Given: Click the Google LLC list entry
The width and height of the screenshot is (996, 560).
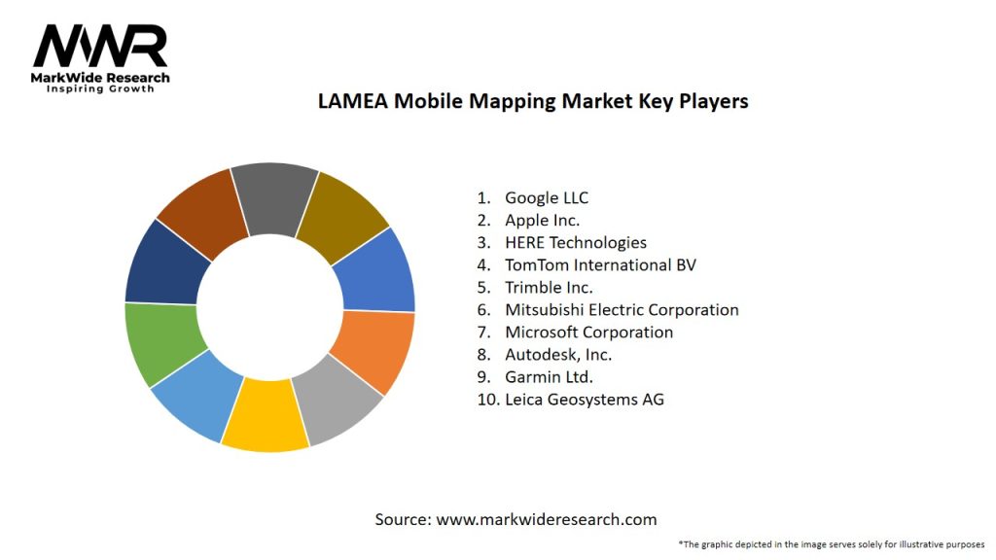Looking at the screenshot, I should coord(546,198).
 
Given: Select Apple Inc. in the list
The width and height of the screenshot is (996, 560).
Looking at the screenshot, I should coord(542,221).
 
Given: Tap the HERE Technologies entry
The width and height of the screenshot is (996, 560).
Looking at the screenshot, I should coord(575,243).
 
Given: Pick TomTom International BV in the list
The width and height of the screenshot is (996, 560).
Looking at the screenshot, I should coord(600,265).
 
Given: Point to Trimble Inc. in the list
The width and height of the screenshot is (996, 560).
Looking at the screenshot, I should coord(549,288).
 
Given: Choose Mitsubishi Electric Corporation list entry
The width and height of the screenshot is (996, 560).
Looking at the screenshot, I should coord(622,310).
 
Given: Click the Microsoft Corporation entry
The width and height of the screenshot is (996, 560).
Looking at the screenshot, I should coord(588,332).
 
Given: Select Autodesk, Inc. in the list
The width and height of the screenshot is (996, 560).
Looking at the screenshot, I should coord(558,355).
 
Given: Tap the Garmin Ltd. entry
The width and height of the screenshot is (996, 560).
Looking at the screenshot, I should coord(549,377).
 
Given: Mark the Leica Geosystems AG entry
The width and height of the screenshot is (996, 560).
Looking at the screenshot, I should coord(584,400).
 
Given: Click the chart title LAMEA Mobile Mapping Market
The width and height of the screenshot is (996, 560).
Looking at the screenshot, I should coord(533,101).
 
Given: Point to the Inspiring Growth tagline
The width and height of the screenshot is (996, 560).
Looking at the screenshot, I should coord(100,89).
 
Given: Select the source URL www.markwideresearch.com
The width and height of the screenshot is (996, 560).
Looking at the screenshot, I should coord(546,519).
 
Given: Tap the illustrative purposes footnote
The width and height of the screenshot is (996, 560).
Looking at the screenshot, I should coord(832,543).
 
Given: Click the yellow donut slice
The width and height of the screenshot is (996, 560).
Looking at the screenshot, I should coord(264,416).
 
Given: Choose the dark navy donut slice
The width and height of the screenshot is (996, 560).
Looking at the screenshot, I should coord(162,260).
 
